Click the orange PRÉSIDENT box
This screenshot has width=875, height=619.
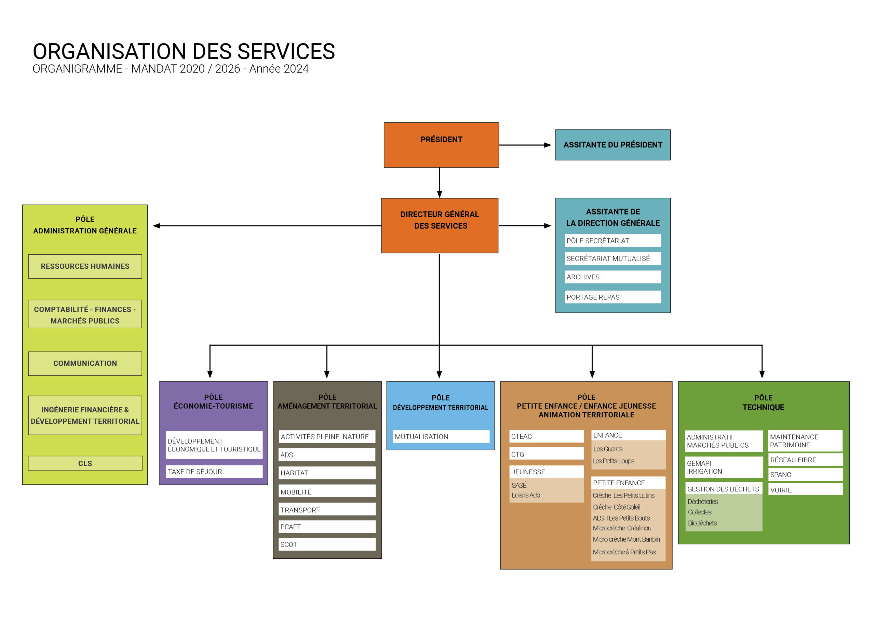[x=441, y=145]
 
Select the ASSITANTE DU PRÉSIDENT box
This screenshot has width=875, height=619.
[x=612, y=145]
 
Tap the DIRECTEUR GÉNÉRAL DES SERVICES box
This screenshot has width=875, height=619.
[x=440, y=225]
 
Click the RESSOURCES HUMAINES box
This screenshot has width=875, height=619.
[x=85, y=266]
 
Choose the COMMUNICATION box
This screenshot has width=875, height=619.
[x=85, y=364]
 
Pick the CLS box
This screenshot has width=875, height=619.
[x=85, y=463]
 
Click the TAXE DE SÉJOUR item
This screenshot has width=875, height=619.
[x=214, y=471]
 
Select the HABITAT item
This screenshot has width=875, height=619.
[x=327, y=473]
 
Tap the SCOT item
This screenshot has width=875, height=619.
[x=327, y=544]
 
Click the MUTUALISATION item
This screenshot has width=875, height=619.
[x=441, y=437]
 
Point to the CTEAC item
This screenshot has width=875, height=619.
[x=546, y=436]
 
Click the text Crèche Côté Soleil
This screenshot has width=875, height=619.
[x=616, y=507]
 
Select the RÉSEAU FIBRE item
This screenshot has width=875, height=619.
[x=805, y=460]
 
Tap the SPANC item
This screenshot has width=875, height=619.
[x=805, y=475]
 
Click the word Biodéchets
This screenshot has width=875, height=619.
[x=702, y=523]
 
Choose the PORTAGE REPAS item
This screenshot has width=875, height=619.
[x=612, y=297]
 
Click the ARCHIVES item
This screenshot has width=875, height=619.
[x=612, y=277]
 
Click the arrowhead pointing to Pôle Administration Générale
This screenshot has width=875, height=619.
[x=157, y=226]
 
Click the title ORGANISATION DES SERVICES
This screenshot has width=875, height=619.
[x=184, y=52]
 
